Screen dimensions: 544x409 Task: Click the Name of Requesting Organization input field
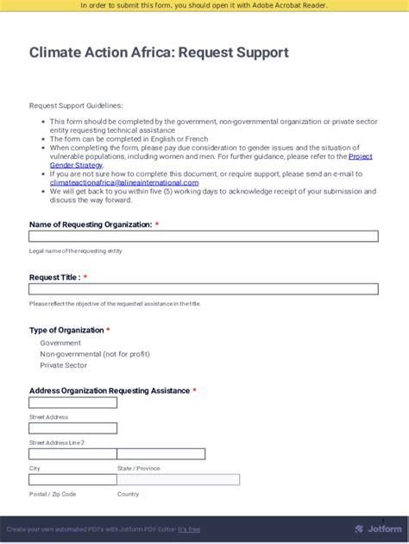pyautogui.click(x=203, y=236)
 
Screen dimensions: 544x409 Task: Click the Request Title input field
pyautogui.click(x=203, y=289)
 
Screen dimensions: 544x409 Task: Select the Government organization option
pyautogui.click(x=60, y=343)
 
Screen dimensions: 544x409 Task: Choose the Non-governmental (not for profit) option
pyautogui.click(x=94, y=354)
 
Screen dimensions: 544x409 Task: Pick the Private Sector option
pyautogui.click(x=64, y=365)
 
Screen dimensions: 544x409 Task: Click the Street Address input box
pyautogui.click(x=72, y=402)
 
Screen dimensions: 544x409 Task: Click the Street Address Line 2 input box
pyautogui.click(x=72, y=428)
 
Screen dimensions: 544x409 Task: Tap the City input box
pyautogui.click(x=72, y=454)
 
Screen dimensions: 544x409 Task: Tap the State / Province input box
pyautogui.click(x=161, y=454)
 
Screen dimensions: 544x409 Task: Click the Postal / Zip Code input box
pyautogui.click(x=72, y=480)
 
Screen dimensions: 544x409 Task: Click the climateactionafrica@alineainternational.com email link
pyautogui.click(x=124, y=182)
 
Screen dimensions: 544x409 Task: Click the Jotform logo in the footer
pyautogui.click(x=378, y=528)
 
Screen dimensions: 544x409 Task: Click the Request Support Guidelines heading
pyautogui.click(x=76, y=105)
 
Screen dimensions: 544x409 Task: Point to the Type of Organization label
pyautogui.click(x=66, y=330)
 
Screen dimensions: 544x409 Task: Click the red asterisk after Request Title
pyautogui.click(x=85, y=277)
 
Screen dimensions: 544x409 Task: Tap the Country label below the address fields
pyautogui.click(x=128, y=494)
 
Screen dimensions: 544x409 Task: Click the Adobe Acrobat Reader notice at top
pyautogui.click(x=204, y=6)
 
